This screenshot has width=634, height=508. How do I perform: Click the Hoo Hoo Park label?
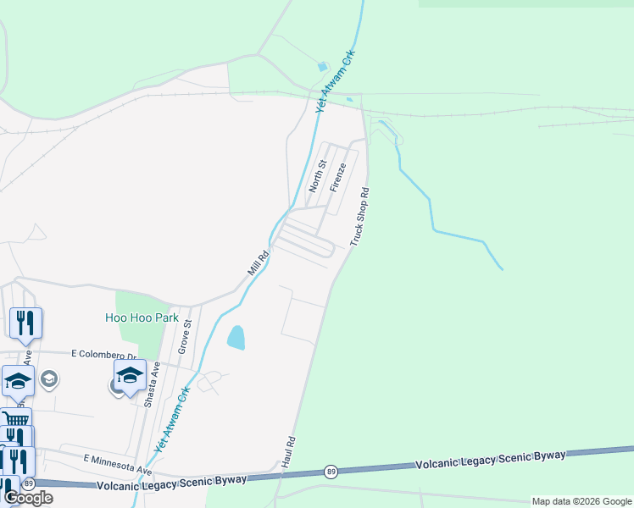[x=142, y=318]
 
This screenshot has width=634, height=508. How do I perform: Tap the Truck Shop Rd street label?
[x=361, y=217]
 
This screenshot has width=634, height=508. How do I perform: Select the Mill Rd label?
[x=259, y=262]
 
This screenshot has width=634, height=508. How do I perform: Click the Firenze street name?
[x=338, y=176]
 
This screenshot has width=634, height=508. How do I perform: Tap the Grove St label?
[x=184, y=336]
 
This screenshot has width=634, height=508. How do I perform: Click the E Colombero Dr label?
[x=103, y=354]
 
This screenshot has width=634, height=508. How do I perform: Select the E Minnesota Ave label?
[x=117, y=463]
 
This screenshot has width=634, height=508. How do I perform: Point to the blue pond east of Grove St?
[x=236, y=338]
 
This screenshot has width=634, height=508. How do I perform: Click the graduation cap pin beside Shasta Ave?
[x=130, y=376]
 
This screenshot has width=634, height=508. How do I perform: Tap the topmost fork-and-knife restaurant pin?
[x=25, y=323]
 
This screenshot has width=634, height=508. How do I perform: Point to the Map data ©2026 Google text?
[x=582, y=501]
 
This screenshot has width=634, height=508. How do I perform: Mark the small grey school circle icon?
[x=50, y=378]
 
